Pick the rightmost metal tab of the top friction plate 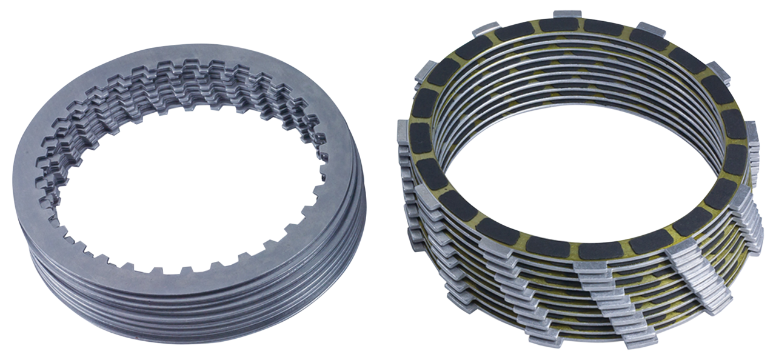752,130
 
